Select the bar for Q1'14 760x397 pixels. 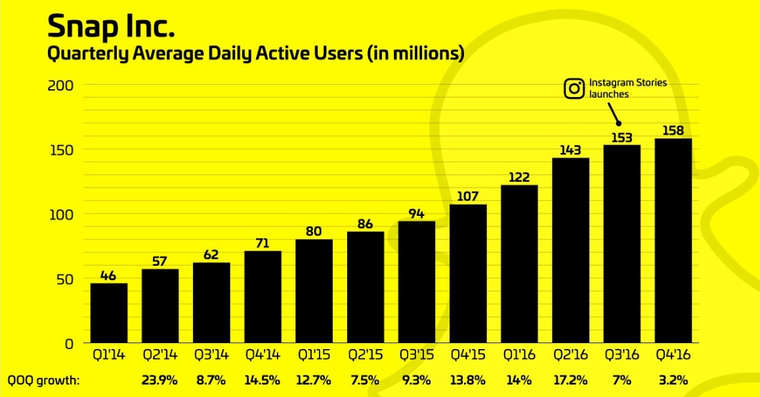tap(109, 313)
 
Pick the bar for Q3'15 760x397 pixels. tap(417, 282)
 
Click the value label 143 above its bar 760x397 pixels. tap(570, 150)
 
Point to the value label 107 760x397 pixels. tap(468, 196)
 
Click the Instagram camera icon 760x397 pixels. tap(574, 89)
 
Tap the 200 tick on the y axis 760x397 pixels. tap(60, 85)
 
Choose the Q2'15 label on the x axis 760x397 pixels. tap(365, 355)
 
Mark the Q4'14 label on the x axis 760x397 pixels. tap(263, 355)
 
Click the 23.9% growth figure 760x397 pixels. tap(159, 380)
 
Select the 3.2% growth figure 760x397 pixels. tap(673, 380)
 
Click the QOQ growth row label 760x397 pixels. tap(43, 381)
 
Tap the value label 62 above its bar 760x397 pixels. tap(211, 255)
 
